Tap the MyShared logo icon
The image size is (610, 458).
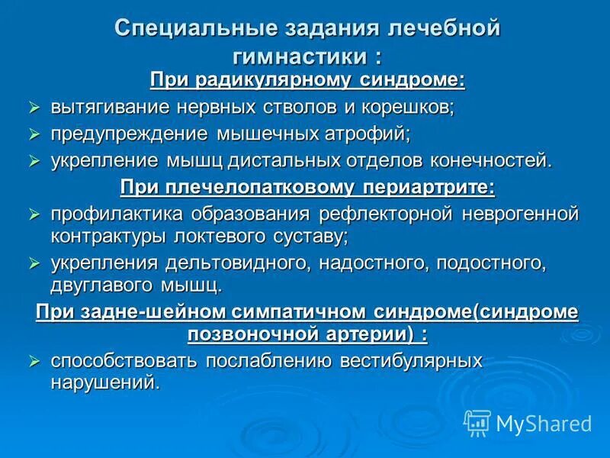(x=478, y=422)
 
